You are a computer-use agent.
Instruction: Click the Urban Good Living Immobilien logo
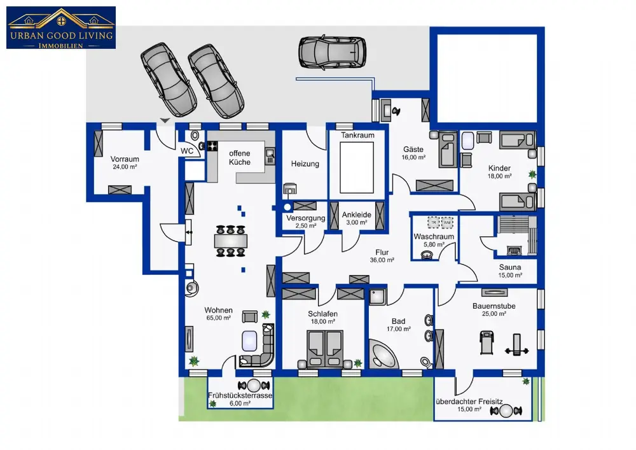[61, 27]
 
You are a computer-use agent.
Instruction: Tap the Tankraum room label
[357, 135]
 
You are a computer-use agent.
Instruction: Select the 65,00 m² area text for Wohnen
[219, 318]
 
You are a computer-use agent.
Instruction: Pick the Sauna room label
[510, 267]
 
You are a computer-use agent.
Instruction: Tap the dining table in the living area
[231, 241]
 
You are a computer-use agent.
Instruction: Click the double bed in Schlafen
[325, 349]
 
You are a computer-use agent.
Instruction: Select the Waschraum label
[434, 237]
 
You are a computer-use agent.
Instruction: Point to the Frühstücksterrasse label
[240, 395]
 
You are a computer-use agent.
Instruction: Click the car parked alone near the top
[332, 52]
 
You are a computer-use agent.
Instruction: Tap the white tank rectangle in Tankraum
[357, 167]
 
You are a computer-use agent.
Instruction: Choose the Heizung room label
[305, 164]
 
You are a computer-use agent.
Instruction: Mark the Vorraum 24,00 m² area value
[125, 167]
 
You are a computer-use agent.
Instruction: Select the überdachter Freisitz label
[469, 402]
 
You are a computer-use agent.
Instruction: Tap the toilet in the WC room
[195, 135]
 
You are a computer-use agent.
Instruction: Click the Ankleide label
[357, 215]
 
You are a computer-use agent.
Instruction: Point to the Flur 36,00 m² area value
[382, 260]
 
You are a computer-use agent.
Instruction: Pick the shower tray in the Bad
[377, 297]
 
